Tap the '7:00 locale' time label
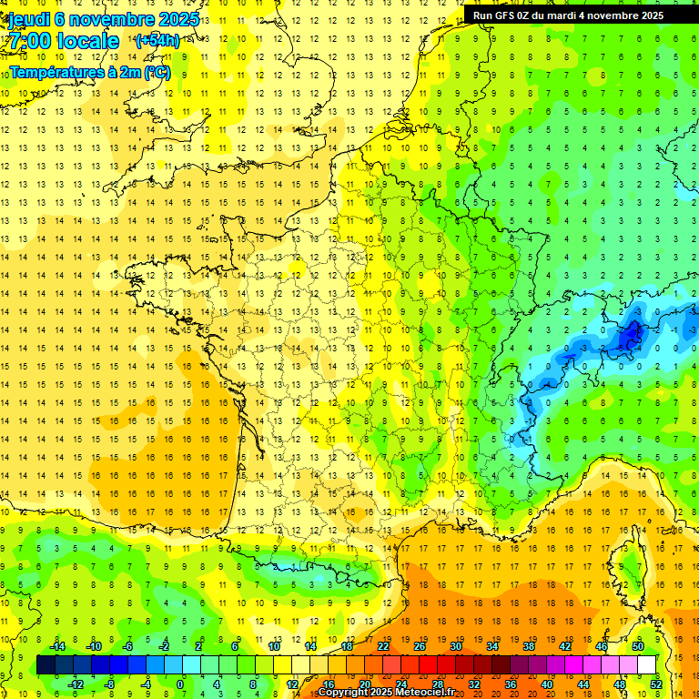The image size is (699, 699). [61, 41]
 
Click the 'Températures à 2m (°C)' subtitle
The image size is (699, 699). [89, 72]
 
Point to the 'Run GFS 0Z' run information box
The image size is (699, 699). [579, 15]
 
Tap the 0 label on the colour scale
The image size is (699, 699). [180, 684]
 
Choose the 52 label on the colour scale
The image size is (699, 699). [656, 684]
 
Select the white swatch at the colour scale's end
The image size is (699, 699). [647, 665]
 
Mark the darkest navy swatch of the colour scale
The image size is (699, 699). [46, 665]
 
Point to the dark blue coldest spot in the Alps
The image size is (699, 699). [627, 338]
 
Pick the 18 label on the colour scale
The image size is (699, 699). [347, 646]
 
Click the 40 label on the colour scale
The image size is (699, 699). [547, 684]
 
